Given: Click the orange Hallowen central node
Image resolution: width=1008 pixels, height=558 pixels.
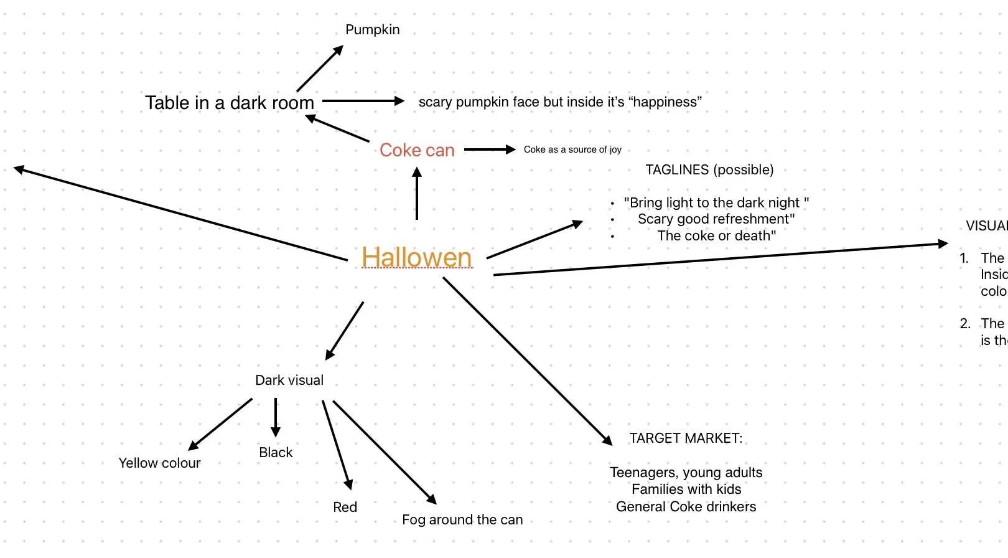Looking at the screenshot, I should pos(416,257).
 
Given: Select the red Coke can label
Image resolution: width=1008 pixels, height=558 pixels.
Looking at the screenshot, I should pos(417,150).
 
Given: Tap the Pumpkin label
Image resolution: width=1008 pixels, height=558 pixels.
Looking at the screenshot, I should pos(372,30).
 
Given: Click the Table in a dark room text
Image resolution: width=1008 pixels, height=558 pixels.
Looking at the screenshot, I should pos(230,103).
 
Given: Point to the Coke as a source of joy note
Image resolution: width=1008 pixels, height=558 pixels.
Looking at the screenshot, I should pos(572,149).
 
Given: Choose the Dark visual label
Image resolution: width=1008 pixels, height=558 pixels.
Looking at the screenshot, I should pos(289,381).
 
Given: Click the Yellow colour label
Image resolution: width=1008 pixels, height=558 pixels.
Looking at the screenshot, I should pos(159,463).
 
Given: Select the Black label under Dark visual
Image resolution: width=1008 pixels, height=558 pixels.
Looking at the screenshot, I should pos(276,453).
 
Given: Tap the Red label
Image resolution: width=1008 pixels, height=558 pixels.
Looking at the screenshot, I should pos(345,508).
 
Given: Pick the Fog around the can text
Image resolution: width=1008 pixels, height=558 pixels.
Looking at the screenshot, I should pos(462,520).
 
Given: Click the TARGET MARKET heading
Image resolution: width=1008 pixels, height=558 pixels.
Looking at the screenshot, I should pos(686,438).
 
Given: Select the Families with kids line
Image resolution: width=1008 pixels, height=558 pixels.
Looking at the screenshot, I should pos(686,489).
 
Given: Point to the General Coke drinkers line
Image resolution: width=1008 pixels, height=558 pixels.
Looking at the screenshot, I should pos(686,507).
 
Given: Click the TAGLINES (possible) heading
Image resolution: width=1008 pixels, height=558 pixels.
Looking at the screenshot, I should pos(709,170).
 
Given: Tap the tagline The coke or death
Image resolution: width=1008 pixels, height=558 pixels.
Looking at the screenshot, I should pos(716,236).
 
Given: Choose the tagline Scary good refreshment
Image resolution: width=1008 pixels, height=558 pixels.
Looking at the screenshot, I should pos(716,219).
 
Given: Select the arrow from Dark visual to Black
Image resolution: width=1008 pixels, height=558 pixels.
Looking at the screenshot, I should pos(276,417).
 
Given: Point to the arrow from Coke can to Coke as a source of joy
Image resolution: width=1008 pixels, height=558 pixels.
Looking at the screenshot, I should pos(490,149).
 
